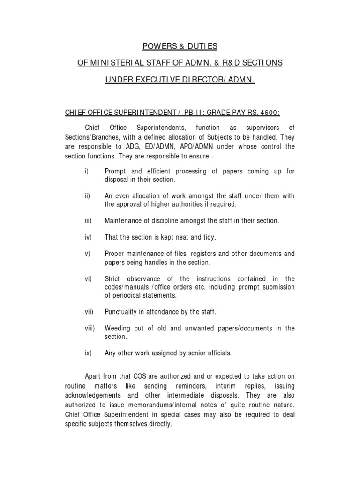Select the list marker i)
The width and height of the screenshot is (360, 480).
coord(87,172)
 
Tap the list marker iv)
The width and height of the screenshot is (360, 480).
coord(88,237)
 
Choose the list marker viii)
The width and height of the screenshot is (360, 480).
coord(90,328)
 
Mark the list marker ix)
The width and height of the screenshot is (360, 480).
coord(88,353)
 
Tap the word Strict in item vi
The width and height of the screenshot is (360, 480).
coord(113,278)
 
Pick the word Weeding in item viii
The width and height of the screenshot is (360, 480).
coord(117,328)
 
